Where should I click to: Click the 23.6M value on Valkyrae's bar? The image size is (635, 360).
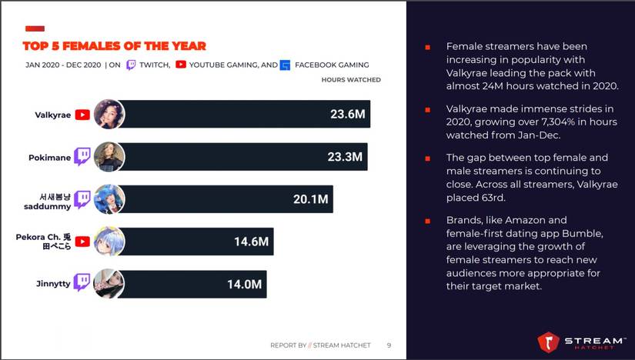(x=347, y=115)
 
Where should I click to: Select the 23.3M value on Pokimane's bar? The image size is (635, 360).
(x=344, y=157)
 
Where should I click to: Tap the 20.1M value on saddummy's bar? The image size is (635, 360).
(x=310, y=199)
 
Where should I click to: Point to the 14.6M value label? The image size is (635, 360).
(x=251, y=242)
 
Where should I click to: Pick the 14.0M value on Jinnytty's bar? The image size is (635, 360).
(x=245, y=284)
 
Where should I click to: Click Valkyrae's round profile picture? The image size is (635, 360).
(x=109, y=115)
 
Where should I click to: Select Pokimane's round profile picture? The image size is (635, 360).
(x=109, y=157)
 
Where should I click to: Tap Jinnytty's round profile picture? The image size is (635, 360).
(x=109, y=284)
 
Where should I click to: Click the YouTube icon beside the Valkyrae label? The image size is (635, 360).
(x=82, y=115)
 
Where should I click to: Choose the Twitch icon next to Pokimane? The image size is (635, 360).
(x=82, y=157)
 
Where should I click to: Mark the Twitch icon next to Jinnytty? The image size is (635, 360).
(x=82, y=283)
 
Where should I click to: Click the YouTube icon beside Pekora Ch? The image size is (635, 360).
(x=82, y=242)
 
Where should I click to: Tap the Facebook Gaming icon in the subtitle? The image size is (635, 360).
(x=285, y=65)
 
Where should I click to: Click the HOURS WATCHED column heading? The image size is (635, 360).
(x=350, y=80)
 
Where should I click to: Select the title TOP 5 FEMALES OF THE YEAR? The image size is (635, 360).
(x=114, y=46)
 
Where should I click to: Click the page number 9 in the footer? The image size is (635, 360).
(x=389, y=345)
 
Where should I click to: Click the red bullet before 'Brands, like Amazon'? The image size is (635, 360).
(x=427, y=221)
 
